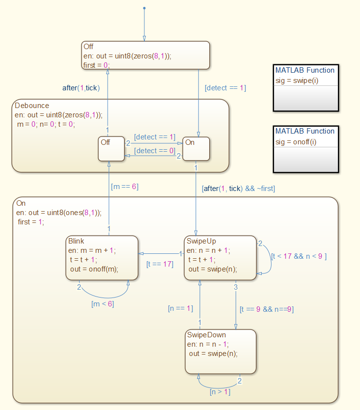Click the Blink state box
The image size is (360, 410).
[102, 258]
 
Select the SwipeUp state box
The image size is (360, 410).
[220, 258]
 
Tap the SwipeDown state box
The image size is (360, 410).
[220, 351]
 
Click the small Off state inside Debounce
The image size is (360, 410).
[111, 149]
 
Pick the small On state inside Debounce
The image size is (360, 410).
[196, 149]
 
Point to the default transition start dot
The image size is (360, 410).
[144, 8]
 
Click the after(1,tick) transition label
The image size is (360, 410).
[81, 88]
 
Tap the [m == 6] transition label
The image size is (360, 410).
[124, 187]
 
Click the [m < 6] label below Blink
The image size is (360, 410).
[103, 304]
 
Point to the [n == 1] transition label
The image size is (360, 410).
[181, 308]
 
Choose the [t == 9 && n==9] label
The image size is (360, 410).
[267, 309]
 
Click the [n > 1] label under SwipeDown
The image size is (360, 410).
[220, 392]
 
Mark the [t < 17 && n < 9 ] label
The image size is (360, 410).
[299, 255]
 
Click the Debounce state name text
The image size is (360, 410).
[32, 106]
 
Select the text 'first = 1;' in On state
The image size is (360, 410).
[30, 221]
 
